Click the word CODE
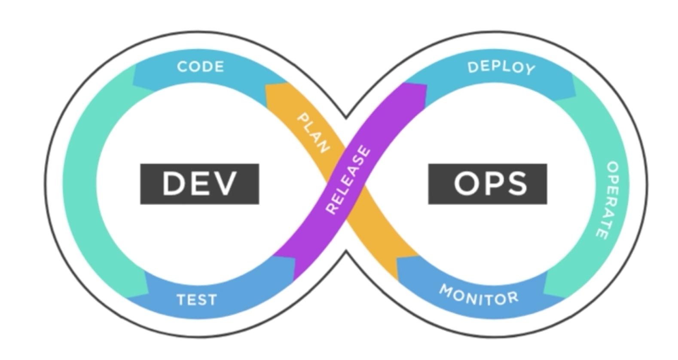pyautogui.click(x=201, y=67)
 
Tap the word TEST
pyautogui.click(x=197, y=299)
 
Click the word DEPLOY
pyautogui.click(x=501, y=68)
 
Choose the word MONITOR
pyautogui.click(x=479, y=295)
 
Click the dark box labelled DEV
pyautogui.click(x=199, y=183)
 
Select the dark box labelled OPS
pyautogui.click(x=488, y=183)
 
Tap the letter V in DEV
pyautogui.click(x=224, y=183)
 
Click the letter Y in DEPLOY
pyautogui.click(x=530, y=70)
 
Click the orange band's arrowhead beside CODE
pyautogui.click(x=275, y=92)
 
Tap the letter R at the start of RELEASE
pyautogui.click(x=331, y=209)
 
